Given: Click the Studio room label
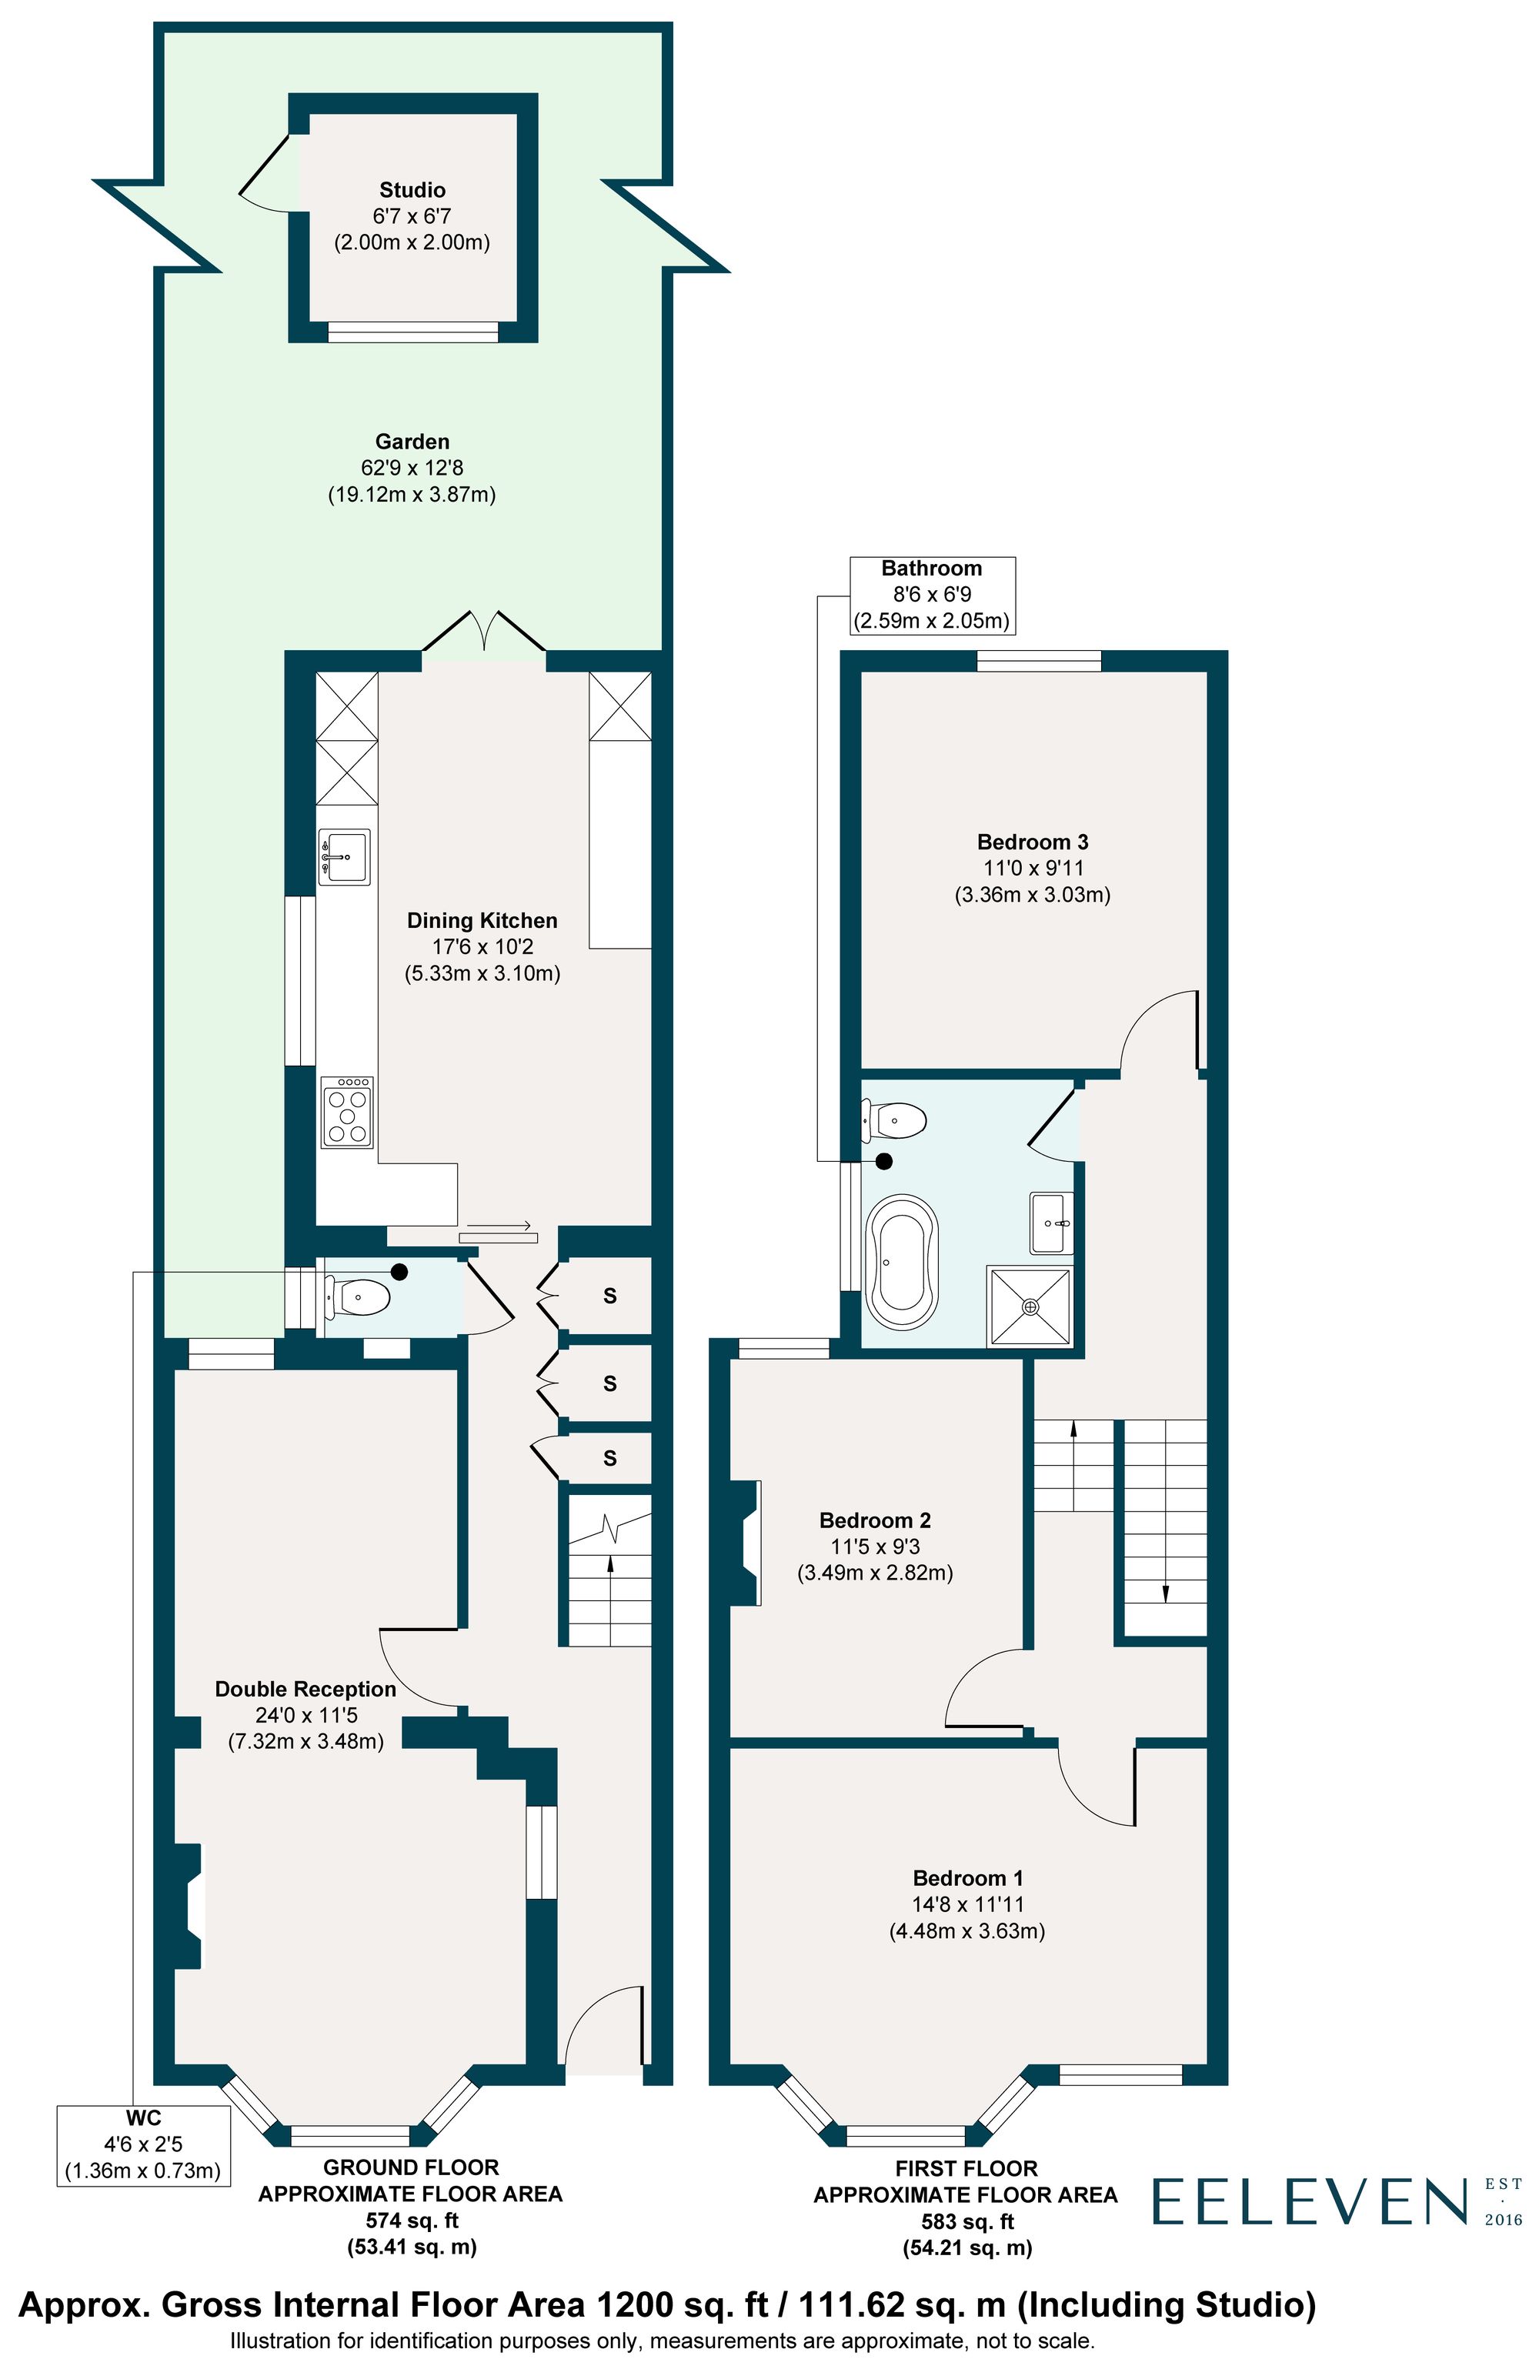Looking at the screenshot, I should [x=412, y=190].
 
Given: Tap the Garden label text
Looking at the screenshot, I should [x=412, y=442].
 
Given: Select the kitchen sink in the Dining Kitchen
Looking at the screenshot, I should [x=345, y=856].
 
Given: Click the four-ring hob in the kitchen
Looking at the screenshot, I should [x=346, y=1112].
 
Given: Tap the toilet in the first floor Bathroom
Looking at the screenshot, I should [x=896, y=1119].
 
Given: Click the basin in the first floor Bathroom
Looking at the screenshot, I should [x=1051, y=1223].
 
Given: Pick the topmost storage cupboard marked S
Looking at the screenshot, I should [x=609, y=1296].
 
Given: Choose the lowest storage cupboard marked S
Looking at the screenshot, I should [x=609, y=1458].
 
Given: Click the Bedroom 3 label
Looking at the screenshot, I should [x=1033, y=842].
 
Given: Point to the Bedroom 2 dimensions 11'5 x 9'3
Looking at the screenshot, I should [x=875, y=1547].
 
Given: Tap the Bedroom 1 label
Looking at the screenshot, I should [x=966, y=1878].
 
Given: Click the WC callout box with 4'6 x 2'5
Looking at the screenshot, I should [x=142, y=2146].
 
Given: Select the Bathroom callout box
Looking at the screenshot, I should [x=932, y=596].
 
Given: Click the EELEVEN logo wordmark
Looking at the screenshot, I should [x=1310, y=2202].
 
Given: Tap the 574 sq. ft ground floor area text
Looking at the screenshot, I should [x=411, y=2221].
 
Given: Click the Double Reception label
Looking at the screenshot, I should [x=305, y=1689].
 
